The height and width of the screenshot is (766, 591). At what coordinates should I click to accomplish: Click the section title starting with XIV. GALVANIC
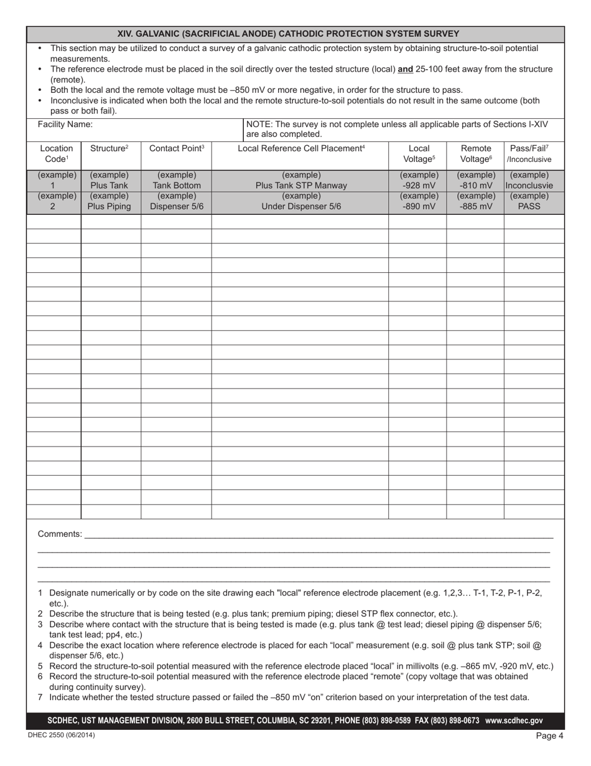point(295,34)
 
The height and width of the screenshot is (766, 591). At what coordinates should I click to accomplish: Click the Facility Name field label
point(65,124)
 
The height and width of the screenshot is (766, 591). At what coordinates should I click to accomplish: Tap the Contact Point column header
point(177,148)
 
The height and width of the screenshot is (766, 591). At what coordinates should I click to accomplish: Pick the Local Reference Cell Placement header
point(301,148)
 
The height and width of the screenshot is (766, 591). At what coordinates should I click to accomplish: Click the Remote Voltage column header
point(475,154)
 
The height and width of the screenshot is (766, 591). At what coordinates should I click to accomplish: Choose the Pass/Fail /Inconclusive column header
point(529,154)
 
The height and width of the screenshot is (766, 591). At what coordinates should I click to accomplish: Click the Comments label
point(60,534)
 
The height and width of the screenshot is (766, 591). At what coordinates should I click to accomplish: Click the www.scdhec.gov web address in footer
point(513,721)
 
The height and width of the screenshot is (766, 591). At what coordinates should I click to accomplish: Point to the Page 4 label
point(549,735)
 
